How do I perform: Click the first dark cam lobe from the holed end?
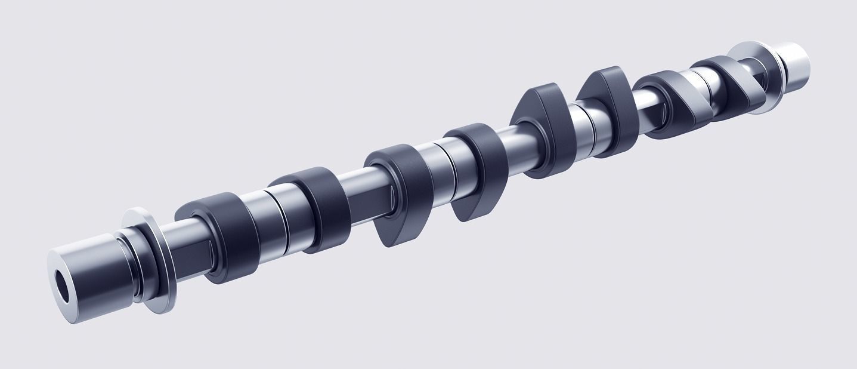tap(218, 236)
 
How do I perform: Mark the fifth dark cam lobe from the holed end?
tap(546, 128)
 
